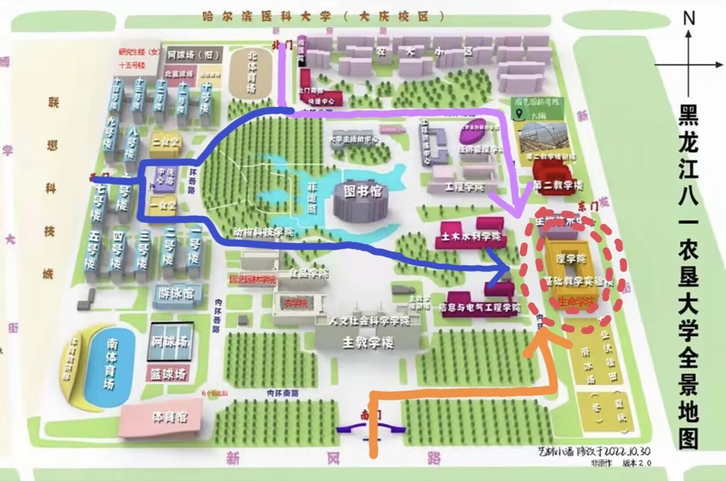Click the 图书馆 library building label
363,192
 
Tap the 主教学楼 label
368,342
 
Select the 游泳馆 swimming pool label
176,294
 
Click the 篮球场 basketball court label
168,374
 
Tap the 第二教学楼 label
558,185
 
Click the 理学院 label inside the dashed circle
571,259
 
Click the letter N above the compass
689,18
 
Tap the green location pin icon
519,114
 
